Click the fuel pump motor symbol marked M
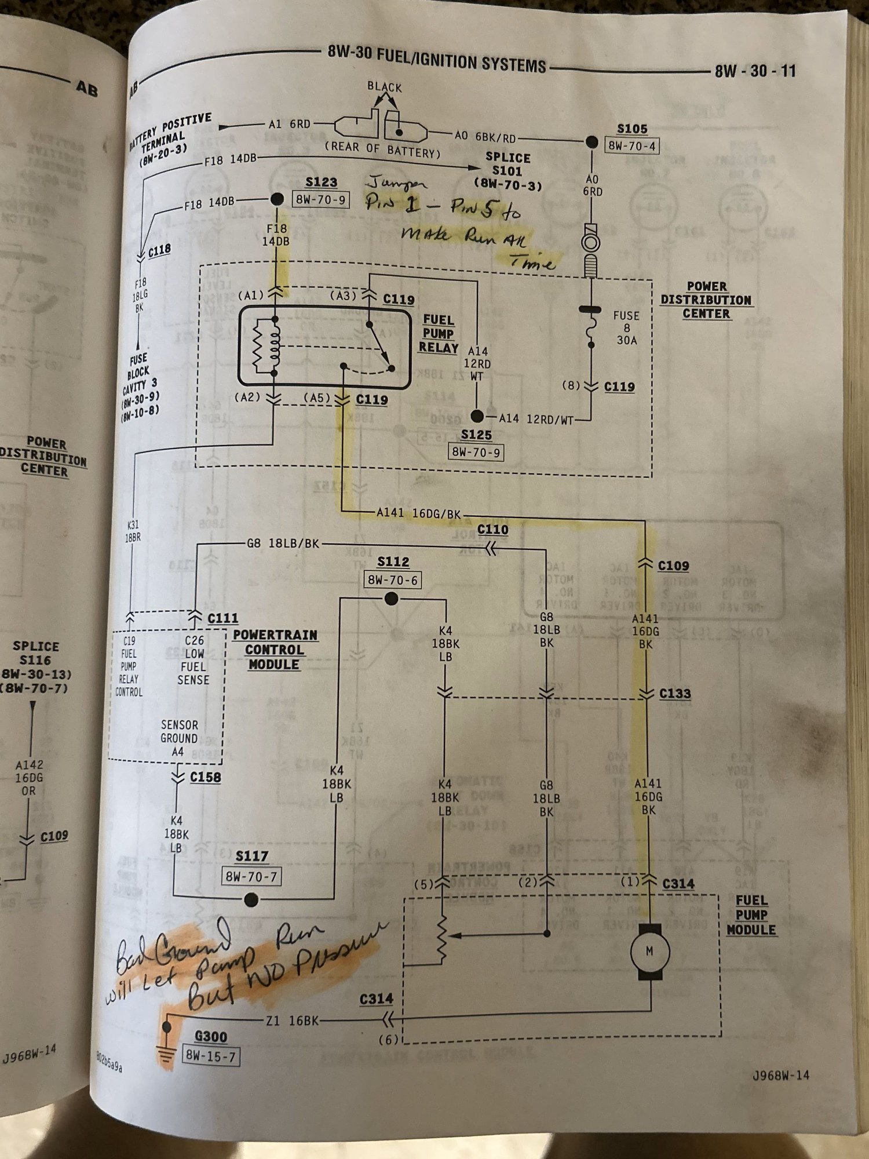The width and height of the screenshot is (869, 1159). pyautogui.click(x=649, y=952)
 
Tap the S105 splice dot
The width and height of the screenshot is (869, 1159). pyautogui.click(x=591, y=142)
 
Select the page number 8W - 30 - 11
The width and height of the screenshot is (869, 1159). pyautogui.click(x=755, y=71)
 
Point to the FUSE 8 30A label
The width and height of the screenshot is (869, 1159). pyautogui.click(x=626, y=327)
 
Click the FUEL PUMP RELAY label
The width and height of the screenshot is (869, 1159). pyautogui.click(x=439, y=334)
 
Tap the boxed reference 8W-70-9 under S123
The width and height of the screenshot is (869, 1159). pyautogui.click(x=321, y=200)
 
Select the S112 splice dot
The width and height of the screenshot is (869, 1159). pyautogui.click(x=392, y=599)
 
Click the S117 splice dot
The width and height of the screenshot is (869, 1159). pyautogui.click(x=251, y=900)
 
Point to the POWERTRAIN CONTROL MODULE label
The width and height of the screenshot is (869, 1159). pyautogui.click(x=275, y=650)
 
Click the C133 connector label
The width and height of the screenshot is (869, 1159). pyautogui.click(x=675, y=694)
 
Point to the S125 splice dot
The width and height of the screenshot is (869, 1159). pyautogui.click(x=477, y=416)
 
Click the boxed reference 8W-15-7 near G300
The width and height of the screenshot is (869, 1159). pyautogui.click(x=210, y=1056)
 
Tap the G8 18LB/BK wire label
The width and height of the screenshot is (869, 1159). pyautogui.click(x=283, y=544)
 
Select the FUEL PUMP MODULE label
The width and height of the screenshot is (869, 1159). pyautogui.click(x=751, y=915)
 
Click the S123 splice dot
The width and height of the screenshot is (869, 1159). pyautogui.click(x=277, y=199)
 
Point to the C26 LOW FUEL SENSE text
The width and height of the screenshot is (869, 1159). pyautogui.click(x=193, y=660)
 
